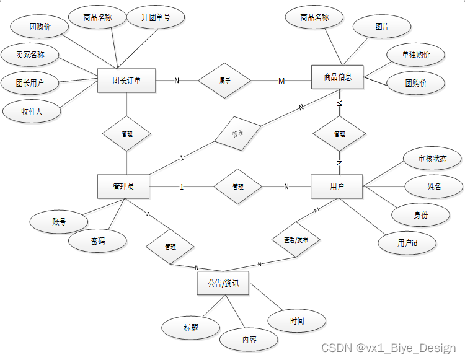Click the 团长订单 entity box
click(126, 80)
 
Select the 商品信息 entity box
click(337, 77)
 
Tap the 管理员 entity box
click(124, 187)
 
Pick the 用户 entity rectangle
click(337, 186)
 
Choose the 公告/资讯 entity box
click(223, 284)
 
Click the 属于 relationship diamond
click(224, 80)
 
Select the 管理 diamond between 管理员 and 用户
click(238, 187)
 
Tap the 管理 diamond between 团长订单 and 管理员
click(126, 133)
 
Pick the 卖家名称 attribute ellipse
click(30, 55)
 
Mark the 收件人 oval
click(32, 112)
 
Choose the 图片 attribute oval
click(382, 27)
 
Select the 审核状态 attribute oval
click(432, 159)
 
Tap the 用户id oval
click(407, 243)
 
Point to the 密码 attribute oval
click(97, 241)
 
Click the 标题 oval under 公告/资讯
click(191, 328)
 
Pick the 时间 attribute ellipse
click(297, 321)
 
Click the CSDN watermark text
click(389, 348)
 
